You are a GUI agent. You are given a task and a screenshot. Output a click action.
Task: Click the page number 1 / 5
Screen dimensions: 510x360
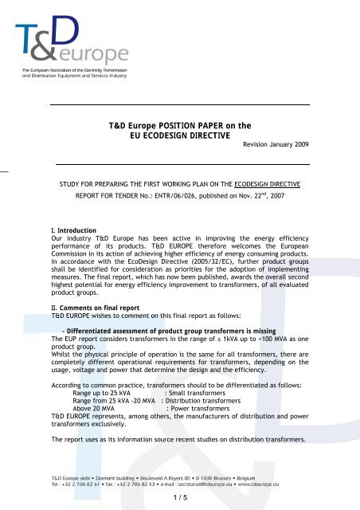click(180, 498)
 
